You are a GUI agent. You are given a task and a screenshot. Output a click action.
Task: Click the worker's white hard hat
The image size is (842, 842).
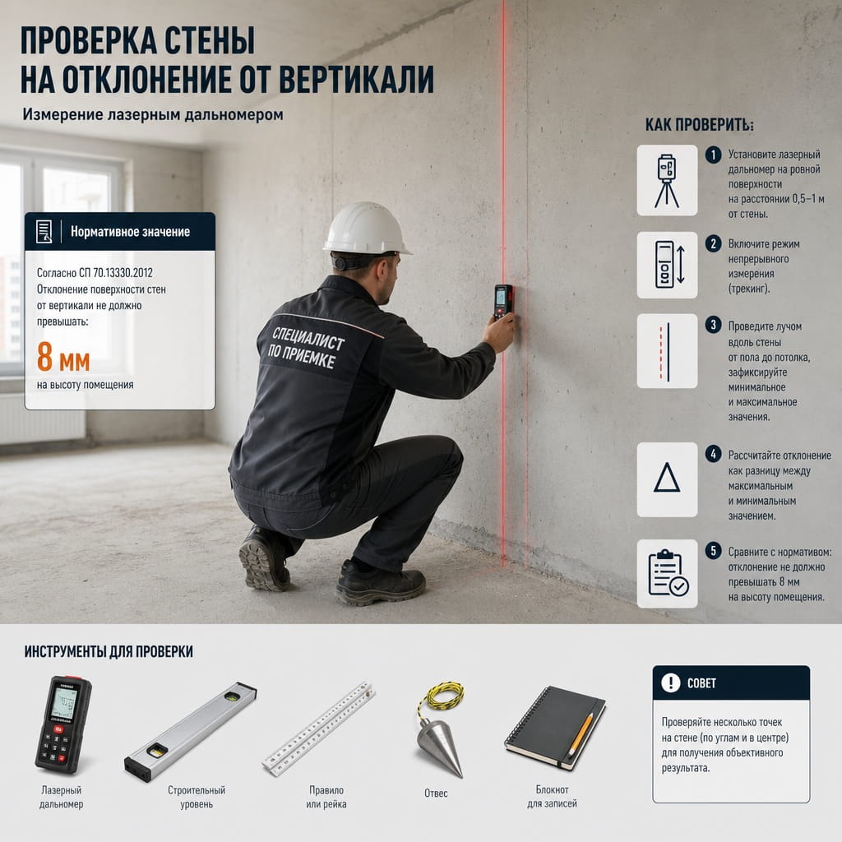pos(367,229)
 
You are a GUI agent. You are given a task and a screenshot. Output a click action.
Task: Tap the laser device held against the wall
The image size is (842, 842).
pos(503,302)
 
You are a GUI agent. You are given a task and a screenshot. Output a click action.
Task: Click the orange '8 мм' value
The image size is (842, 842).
pos(63,358)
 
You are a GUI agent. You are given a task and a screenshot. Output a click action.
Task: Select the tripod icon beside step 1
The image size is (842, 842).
pos(667,180)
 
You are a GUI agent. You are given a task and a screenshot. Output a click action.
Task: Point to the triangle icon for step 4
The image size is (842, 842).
pos(667,478)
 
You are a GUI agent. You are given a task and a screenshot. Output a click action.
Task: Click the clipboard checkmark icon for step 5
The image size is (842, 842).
pos(668,573)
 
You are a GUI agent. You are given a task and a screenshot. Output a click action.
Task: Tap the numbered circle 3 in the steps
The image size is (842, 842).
pos(713,324)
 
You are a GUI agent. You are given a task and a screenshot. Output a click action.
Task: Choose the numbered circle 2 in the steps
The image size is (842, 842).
pos(713,243)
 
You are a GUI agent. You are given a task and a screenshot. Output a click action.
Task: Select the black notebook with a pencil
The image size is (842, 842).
pos(555,728)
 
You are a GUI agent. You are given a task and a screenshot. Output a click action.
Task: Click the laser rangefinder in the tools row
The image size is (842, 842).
pos(63,724)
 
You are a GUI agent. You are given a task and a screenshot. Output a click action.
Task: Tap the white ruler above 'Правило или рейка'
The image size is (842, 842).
pos(319,729)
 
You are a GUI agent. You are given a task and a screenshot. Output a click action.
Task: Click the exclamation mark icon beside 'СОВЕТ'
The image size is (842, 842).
pos(671,683)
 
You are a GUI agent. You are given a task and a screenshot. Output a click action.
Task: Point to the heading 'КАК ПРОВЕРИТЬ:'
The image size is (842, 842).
pos(699,125)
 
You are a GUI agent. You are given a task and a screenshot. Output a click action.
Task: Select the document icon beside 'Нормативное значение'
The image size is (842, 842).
pos(44,231)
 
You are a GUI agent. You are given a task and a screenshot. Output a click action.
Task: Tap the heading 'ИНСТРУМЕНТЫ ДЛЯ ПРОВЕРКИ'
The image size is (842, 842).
pos(109,651)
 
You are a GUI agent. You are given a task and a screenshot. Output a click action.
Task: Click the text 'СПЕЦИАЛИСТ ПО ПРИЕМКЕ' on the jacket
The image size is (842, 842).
pos(306,348)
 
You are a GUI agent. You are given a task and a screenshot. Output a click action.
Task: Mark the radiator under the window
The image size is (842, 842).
pos(42,419)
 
